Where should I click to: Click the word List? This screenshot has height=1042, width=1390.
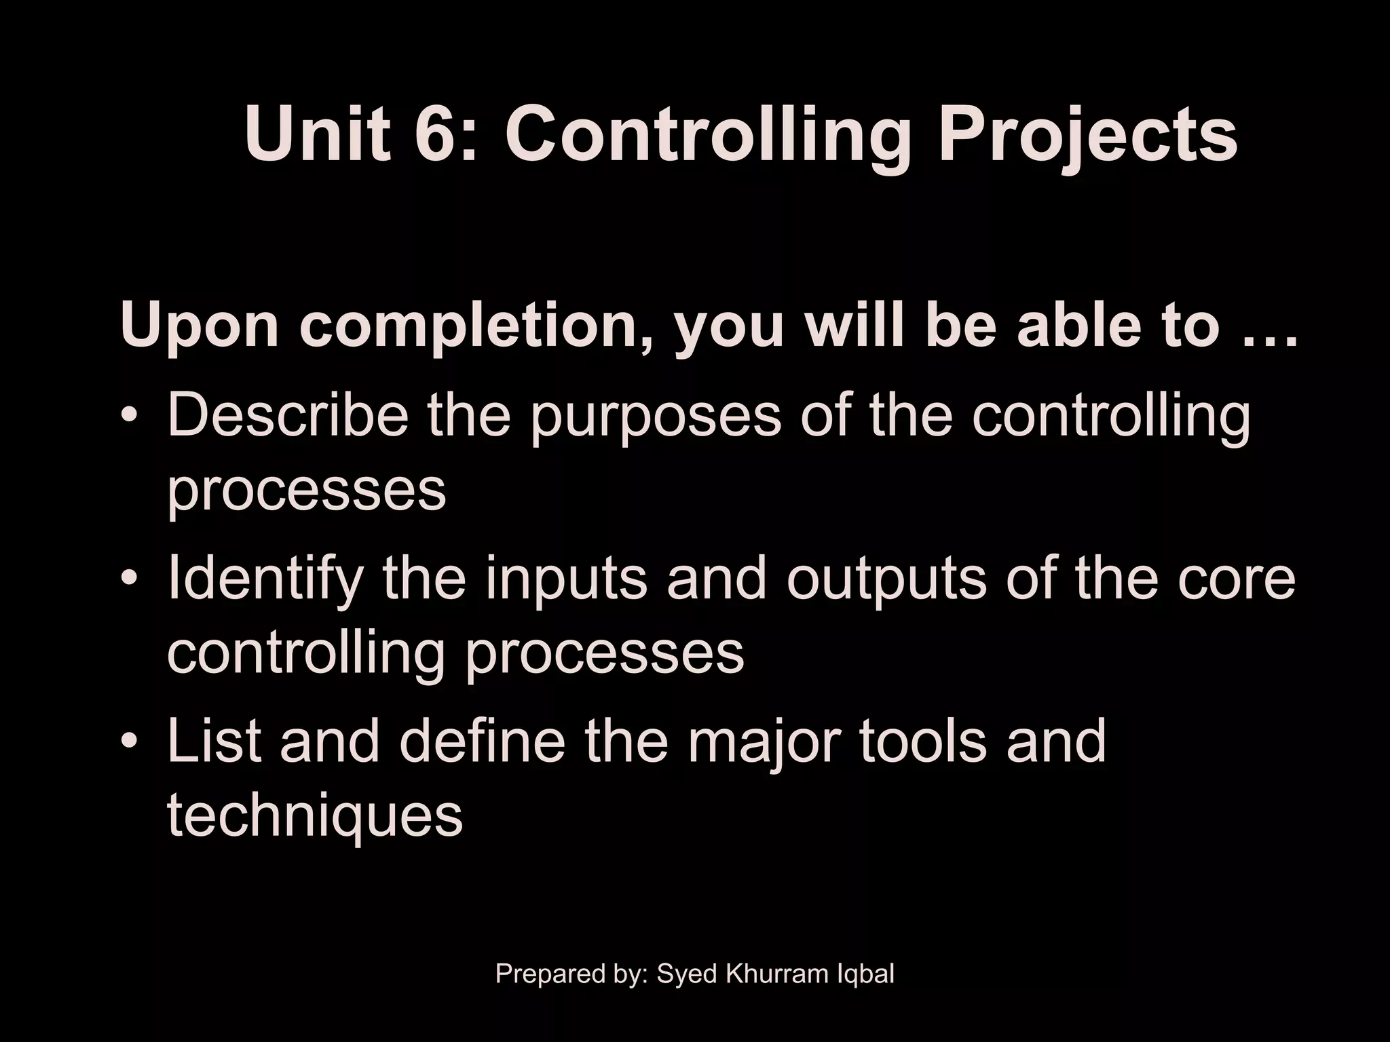coord(214,741)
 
